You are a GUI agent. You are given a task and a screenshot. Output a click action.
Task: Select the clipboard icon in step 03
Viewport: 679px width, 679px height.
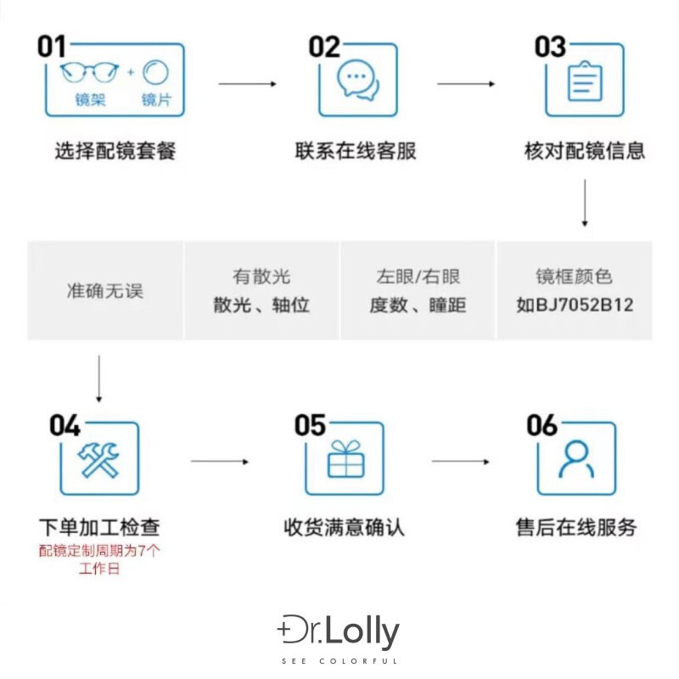point(583,81)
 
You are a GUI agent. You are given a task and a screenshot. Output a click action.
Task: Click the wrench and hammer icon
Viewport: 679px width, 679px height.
point(98,459)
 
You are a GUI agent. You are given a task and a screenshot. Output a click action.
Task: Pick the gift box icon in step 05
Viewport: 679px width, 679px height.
point(345,459)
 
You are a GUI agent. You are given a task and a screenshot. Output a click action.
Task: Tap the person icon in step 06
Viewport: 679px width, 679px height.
point(576,459)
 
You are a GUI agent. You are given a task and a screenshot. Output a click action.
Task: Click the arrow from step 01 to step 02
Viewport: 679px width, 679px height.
point(247,83)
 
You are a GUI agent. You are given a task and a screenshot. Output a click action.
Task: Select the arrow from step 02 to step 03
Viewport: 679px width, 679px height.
point(466,83)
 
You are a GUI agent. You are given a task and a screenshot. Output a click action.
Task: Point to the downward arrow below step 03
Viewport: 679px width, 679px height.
point(584,203)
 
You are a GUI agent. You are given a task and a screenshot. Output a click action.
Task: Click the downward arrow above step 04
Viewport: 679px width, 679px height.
point(98,379)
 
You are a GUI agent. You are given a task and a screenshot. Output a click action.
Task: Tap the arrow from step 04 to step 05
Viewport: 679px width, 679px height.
point(219,461)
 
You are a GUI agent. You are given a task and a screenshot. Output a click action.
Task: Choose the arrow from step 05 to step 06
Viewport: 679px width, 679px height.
point(460,461)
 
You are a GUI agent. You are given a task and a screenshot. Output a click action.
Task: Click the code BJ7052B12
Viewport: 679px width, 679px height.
point(575,305)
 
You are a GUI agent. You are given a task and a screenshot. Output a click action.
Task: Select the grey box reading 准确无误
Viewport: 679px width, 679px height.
point(105,291)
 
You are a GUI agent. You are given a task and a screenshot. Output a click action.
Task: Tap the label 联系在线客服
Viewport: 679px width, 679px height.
point(356,152)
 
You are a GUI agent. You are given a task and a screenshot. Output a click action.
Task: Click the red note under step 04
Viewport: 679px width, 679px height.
point(99,559)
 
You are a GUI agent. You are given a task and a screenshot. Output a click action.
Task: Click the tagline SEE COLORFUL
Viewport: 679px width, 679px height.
point(339,661)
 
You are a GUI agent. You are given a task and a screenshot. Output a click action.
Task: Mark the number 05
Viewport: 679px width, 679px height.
point(310,425)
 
